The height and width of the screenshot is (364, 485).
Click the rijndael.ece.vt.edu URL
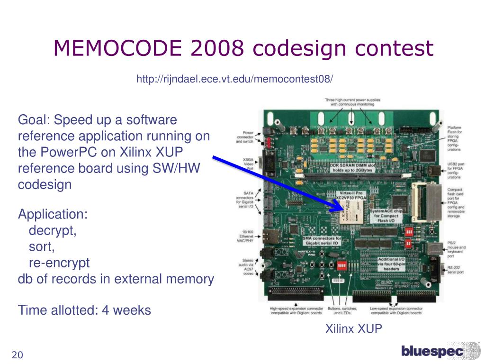point(234,79)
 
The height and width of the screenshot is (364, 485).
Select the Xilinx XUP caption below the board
point(353,328)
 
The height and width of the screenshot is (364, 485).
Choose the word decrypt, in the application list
point(53,231)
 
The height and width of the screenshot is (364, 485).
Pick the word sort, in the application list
point(42,247)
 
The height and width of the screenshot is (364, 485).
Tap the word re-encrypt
point(59,263)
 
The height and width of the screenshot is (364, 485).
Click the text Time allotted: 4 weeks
point(84,310)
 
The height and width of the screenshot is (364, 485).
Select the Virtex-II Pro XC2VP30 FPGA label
point(351,196)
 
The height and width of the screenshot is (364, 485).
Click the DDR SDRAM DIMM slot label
point(353,167)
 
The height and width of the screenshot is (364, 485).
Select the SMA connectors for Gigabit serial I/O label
point(322,240)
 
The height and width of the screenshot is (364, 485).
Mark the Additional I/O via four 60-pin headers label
point(391,264)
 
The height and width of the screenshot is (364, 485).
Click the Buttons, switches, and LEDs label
point(341,310)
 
